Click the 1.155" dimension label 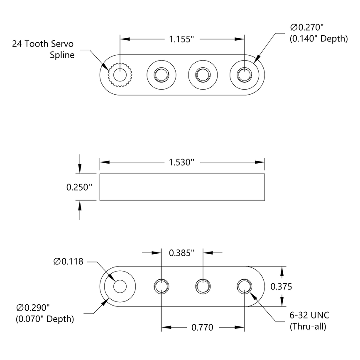click(x=182, y=39)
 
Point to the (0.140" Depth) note click(x=318, y=39)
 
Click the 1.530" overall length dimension click(x=182, y=162)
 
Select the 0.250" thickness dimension click(x=79, y=187)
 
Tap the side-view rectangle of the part click(x=182, y=187)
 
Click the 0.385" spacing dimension click(x=181, y=252)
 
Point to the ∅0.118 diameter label click(x=69, y=262)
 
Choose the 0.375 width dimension click(x=282, y=287)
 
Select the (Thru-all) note click(x=308, y=327)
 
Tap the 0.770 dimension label click(x=203, y=328)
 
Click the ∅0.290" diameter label click(x=33, y=308)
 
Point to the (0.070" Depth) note click(x=45, y=319)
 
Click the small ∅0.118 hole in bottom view click(x=120, y=286)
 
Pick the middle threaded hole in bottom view click(x=203, y=286)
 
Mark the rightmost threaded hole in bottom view click(x=244, y=286)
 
